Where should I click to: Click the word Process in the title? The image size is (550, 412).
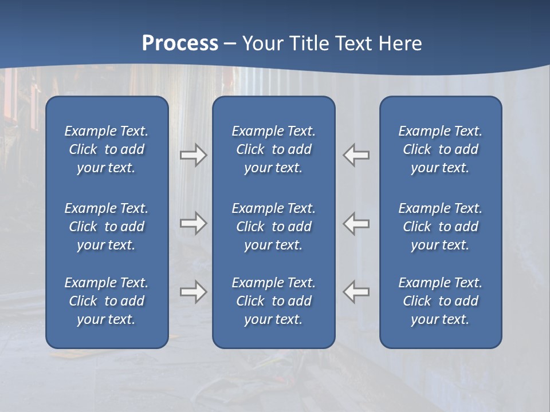[180, 43]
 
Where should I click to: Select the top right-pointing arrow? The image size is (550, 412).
[193, 155]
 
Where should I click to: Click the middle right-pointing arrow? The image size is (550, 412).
[193, 223]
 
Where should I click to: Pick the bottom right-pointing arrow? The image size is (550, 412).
[193, 292]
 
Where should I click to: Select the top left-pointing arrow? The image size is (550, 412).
[356, 155]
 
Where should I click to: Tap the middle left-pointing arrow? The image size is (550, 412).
[356, 223]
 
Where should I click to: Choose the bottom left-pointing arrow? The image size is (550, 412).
[356, 292]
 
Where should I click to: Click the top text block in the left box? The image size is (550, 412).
[107, 149]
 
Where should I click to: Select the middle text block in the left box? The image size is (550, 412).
[107, 227]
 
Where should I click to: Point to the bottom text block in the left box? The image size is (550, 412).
[107, 301]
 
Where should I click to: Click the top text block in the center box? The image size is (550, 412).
[273, 149]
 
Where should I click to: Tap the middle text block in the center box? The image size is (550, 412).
[273, 227]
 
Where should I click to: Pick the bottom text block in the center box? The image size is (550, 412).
[273, 301]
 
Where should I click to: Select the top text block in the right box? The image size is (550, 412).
[440, 149]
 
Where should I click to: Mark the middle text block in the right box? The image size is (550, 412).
[440, 227]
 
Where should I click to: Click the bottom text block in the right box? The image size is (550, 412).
[440, 301]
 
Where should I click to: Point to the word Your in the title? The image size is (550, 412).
[262, 43]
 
